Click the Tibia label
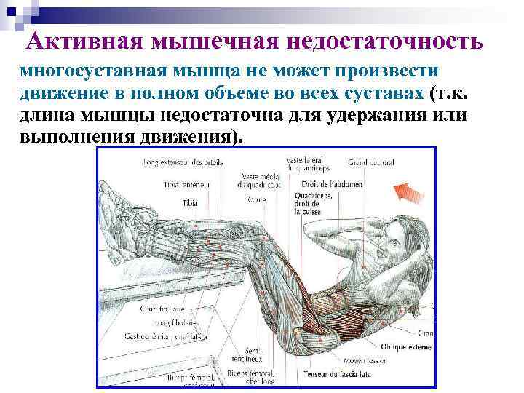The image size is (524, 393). coord(189,202)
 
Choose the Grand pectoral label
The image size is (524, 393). coord(371,162)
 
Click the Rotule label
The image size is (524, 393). coord(255,197)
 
